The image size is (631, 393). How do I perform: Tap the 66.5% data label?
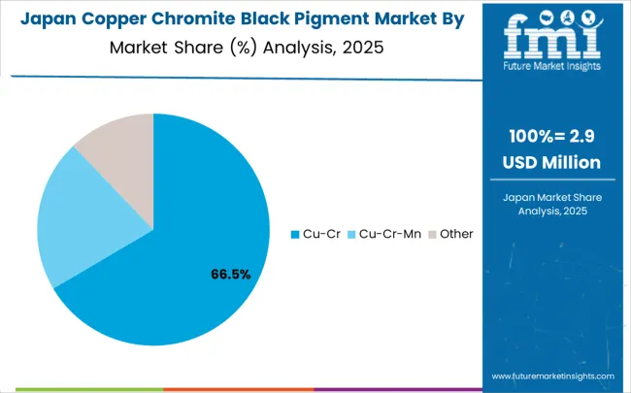[x=231, y=274]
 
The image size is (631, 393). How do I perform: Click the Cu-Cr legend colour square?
[x=296, y=234]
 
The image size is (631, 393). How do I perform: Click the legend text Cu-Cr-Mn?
[x=389, y=234]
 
